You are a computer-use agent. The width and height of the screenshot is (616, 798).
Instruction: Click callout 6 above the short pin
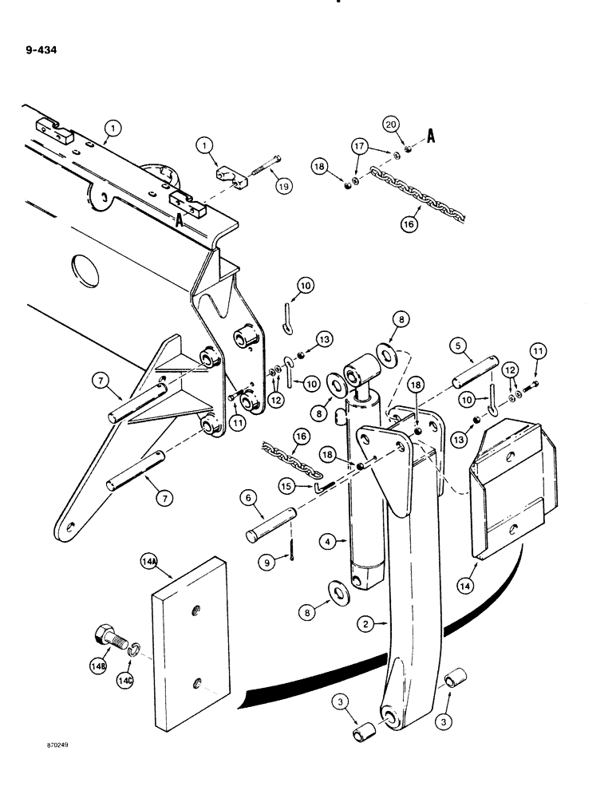248,497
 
